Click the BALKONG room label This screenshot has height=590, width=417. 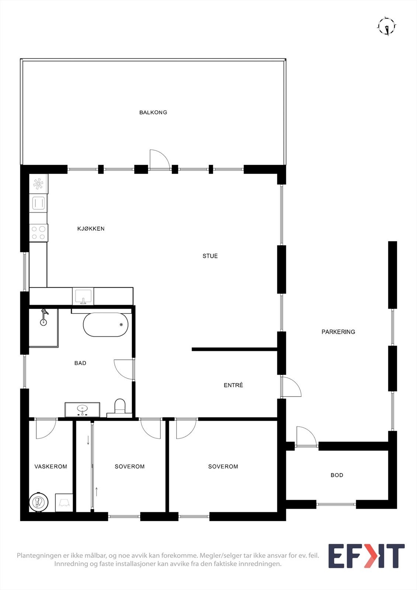point(153,112)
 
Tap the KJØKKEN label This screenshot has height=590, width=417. point(91,229)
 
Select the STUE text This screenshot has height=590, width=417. point(210,256)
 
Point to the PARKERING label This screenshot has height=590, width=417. point(338,332)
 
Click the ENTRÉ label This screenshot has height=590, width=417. point(233,385)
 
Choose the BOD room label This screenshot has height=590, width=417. point(337,475)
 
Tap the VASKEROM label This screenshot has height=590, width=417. point(51,466)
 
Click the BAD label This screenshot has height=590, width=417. point(80,363)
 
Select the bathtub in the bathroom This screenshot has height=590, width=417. point(106,325)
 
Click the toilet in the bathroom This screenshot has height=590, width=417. point(120,407)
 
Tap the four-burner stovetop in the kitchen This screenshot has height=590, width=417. point(38,233)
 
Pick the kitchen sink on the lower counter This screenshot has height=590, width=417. point(83,296)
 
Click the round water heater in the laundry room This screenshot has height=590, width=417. point(39,502)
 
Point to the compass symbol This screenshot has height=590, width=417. point(387,26)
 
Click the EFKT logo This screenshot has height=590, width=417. point(366,556)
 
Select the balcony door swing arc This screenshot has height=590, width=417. point(159,159)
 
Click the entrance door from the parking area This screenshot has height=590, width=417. point(291,387)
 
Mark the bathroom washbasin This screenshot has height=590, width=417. point(82,409)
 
